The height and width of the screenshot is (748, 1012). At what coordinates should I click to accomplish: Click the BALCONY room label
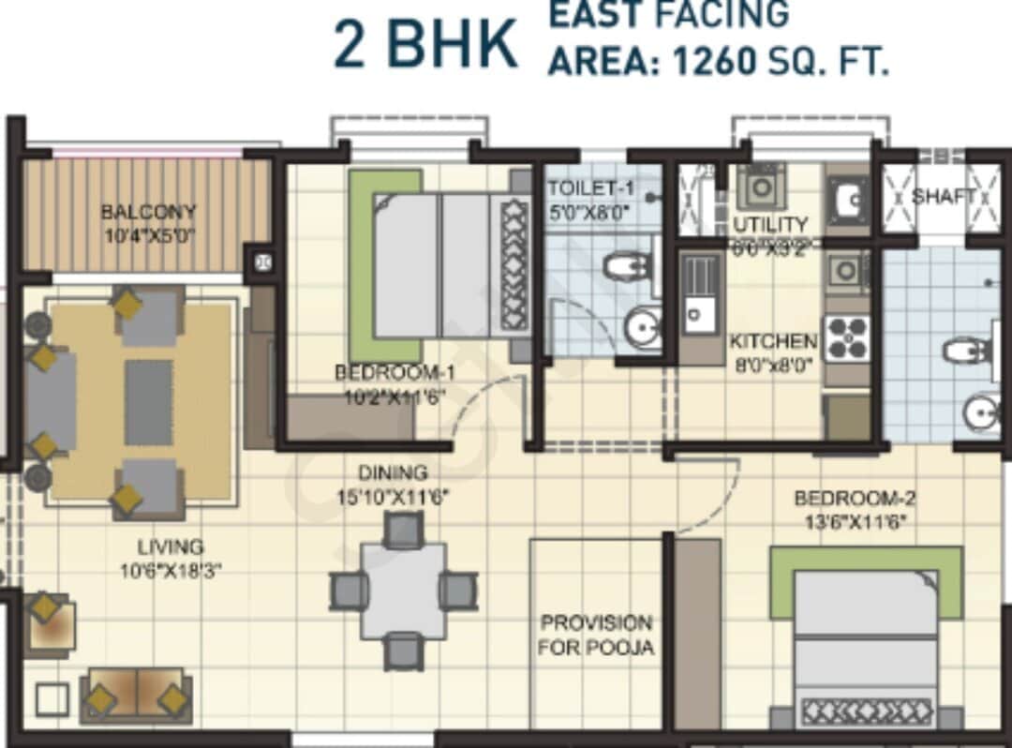coord(149,212)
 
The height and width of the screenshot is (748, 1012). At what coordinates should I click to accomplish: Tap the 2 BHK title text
coord(425,45)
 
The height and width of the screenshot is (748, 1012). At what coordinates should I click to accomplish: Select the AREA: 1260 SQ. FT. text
coord(718,61)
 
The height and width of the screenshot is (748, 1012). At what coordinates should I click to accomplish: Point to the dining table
coord(404,591)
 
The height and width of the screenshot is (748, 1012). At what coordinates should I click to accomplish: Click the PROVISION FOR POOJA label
coord(596,635)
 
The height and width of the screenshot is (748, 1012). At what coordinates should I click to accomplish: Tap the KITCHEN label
coord(773,341)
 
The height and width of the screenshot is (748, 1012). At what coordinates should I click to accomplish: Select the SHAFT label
coord(944,197)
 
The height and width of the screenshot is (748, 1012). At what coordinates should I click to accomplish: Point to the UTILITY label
coord(770,225)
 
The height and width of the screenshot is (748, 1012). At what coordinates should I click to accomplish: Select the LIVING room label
coord(170,546)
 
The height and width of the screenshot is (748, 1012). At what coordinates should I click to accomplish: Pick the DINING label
coord(393,473)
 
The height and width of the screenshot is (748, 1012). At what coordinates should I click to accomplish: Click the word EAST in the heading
coord(594,14)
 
